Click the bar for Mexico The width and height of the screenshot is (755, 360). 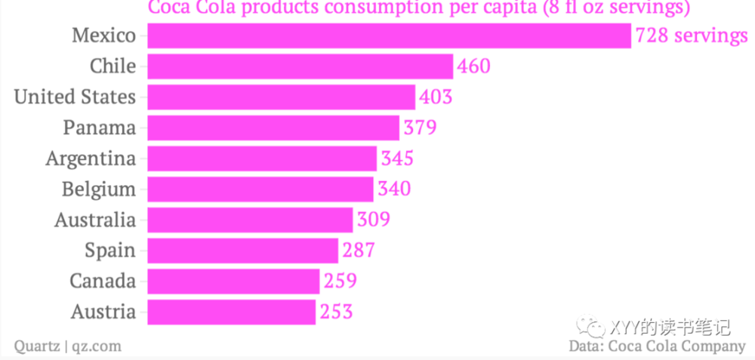point(389,35)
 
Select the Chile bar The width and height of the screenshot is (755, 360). point(300,66)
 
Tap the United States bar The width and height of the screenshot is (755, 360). point(281,97)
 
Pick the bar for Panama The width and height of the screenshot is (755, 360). point(273,128)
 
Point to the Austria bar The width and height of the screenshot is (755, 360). point(231,312)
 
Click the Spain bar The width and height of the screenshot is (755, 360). point(242,251)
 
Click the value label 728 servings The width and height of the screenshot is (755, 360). point(691,35)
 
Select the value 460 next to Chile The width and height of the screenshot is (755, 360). point(473,66)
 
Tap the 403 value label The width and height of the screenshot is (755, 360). point(436,97)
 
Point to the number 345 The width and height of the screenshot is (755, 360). point(397,158)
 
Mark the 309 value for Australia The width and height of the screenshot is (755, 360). point(374,220)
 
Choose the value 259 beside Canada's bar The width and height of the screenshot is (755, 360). point(341,282)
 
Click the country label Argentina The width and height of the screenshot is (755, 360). point(91,158)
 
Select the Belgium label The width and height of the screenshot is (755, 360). point(99,189)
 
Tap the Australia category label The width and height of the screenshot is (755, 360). point(95,220)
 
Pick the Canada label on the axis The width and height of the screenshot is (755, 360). point(103,282)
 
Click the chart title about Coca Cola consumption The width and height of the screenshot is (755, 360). point(419,8)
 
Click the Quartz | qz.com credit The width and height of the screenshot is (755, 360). point(68,346)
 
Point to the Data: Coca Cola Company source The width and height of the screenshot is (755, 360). point(657,346)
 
